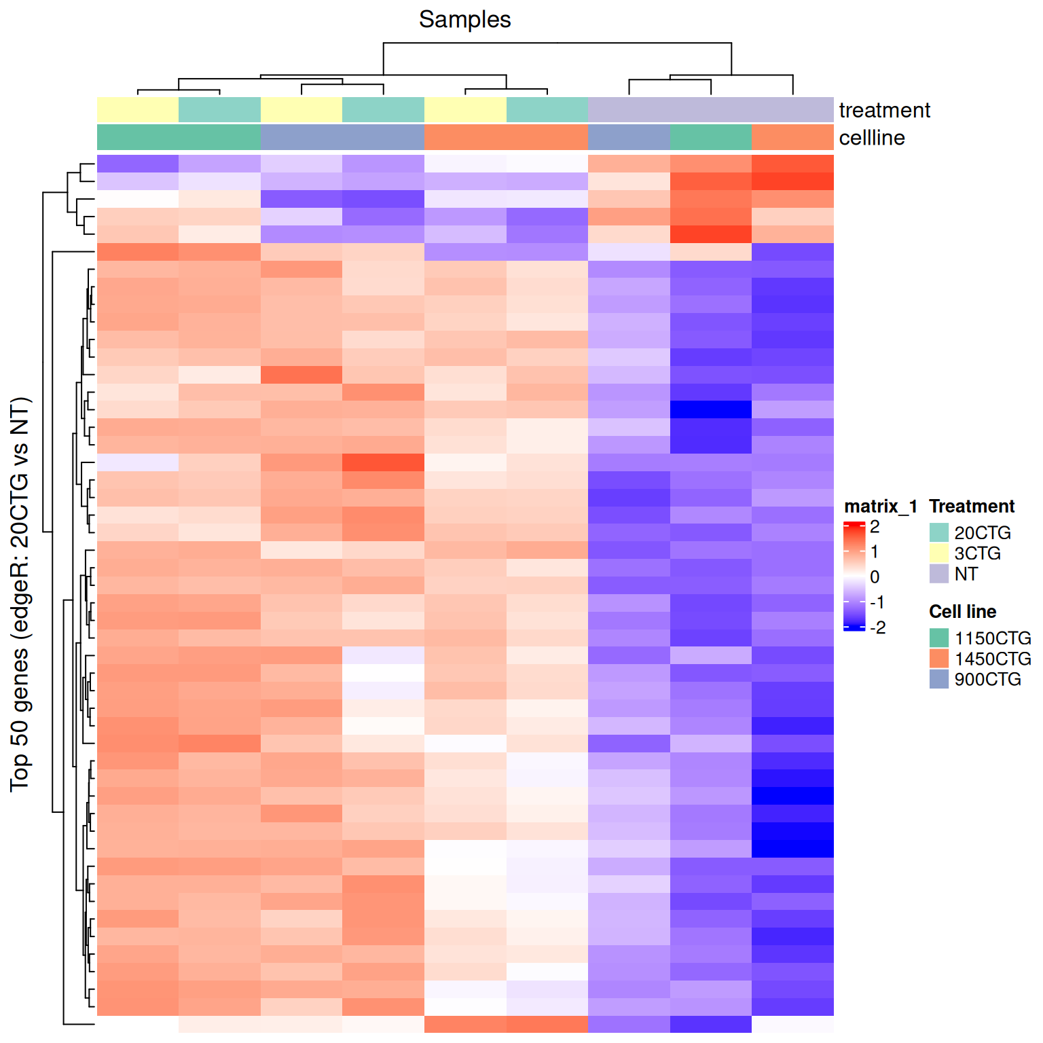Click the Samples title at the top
click(464, 20)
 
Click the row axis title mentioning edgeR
click(20, 594)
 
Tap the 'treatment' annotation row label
click(884, 110)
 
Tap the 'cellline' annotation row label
click(872, 138)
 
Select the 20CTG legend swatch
click(938, 532)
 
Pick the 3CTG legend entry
click(977, 553)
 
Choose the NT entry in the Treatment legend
click(966, 574)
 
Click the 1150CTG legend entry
click(992, 638)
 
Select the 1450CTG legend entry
click(992, 659)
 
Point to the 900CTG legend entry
click(987, 679)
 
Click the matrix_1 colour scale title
click(880, 507)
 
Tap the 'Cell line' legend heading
click(962, 612)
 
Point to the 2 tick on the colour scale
click(875, 527)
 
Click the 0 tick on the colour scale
click(875, 577)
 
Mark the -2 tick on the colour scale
click(877, 627)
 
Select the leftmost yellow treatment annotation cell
click(138, 110)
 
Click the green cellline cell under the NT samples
click(711, 137)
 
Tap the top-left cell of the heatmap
click(138, 164)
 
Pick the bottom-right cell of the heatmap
click(792, 1024)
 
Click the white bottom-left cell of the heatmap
click(138, 1024)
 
